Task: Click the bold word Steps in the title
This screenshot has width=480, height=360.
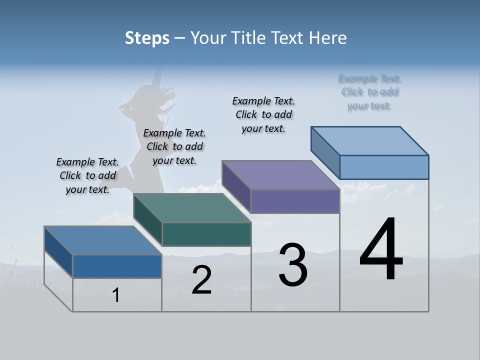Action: [147, 38]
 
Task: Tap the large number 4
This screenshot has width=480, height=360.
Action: [381, 250]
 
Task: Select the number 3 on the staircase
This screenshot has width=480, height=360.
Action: [293, 265]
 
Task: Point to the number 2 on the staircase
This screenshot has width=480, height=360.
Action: [201, 280]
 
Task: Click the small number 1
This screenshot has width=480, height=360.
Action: [116, 295]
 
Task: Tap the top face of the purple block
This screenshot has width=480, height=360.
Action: [281, 175]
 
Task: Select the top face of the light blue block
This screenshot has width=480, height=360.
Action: [370, 140]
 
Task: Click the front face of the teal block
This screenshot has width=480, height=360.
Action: [206, 234]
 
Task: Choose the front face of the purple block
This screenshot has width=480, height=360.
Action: [295, 201]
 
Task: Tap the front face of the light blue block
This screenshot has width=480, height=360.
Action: [384, 167]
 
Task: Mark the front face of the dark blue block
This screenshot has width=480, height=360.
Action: [117, 266]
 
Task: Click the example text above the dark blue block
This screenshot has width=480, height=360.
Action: [87, 175]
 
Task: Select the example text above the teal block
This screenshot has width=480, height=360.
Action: [174, 146]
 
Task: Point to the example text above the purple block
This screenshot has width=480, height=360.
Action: [263, 114]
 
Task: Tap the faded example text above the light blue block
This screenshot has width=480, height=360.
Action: [369, 92]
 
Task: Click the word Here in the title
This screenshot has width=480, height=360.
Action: [328, 38]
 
